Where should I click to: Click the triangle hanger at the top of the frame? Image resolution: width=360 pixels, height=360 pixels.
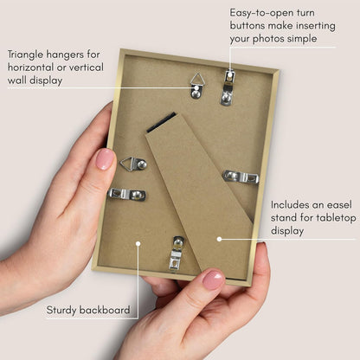197,87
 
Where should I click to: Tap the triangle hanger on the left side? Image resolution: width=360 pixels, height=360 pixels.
133,164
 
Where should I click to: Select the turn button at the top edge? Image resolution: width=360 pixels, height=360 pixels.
228,87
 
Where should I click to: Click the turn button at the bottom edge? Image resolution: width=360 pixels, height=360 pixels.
177,254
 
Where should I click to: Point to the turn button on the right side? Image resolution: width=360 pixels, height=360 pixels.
241,177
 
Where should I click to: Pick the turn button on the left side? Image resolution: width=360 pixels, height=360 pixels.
126,194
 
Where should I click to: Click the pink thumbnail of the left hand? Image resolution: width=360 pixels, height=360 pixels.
105,159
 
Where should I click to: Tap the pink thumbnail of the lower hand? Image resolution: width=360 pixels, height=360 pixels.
214,280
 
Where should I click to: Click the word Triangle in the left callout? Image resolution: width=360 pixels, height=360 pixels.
25,55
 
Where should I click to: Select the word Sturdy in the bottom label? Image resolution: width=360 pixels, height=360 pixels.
61,311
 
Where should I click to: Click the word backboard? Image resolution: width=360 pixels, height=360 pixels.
105,310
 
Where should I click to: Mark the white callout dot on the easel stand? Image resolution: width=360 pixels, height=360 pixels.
219,239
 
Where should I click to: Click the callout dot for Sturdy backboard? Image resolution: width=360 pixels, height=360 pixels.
138,244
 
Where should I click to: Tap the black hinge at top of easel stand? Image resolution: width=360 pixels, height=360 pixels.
161,123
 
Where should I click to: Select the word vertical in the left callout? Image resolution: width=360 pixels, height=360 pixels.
87,67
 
